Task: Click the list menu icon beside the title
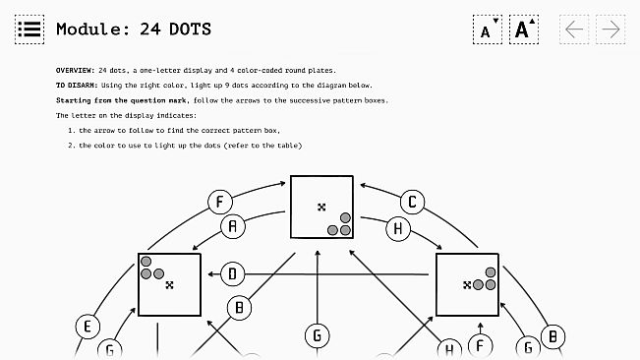click(x=29, y=30)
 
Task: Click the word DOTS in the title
click(x=190, y=30)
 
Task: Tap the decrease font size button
click(x=488, y=30)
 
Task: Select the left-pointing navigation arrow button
click(x=574, y=30)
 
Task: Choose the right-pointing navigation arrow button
click(x=611, y=30)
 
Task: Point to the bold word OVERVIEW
click(x=75, y=70)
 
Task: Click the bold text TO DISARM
click(x=77, y=86)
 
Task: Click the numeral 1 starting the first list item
click(x=70, y=131)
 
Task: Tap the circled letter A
click(x=233, y=226)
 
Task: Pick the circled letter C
click(x=412, y=202)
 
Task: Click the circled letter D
click(x=233, y=273)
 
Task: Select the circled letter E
click(x=87, y=327)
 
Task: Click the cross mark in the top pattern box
click(x=321, y=208)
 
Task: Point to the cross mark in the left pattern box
click(x=169, y=285)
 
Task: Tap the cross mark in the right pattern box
click(x=467, y=285)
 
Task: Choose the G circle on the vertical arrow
click(x=318, y=335)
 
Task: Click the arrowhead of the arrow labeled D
click(x=211, y=273)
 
